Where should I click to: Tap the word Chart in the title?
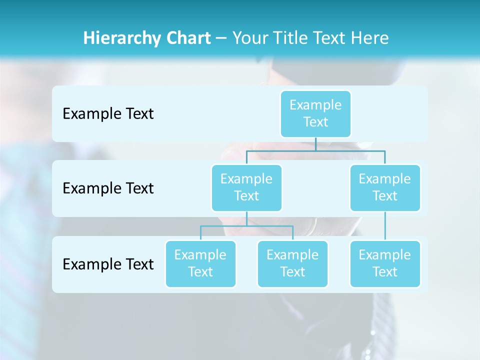[x=186, y=38]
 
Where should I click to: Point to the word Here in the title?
[x=370, y=38]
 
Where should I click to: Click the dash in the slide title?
[x=222, y=38]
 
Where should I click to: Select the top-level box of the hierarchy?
[x=315, y=113]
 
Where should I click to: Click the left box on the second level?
[x=246, y=187]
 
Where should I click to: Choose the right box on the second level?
[x=385, y=187]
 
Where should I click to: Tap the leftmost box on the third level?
[x=200, y=263]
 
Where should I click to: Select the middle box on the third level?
[x=292, y=263]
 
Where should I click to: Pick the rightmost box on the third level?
[x=385, y=263]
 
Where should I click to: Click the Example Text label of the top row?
[x=108, y=113]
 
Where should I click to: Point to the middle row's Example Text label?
[x=108, y=188]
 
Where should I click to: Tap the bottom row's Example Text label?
[x=108, y=264]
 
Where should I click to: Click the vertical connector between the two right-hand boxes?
[x=385, y=226]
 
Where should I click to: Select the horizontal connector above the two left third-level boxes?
[x=246, y=226]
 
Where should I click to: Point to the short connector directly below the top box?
[x=315, y=144]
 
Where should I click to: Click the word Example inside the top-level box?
[x=315, y=105]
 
